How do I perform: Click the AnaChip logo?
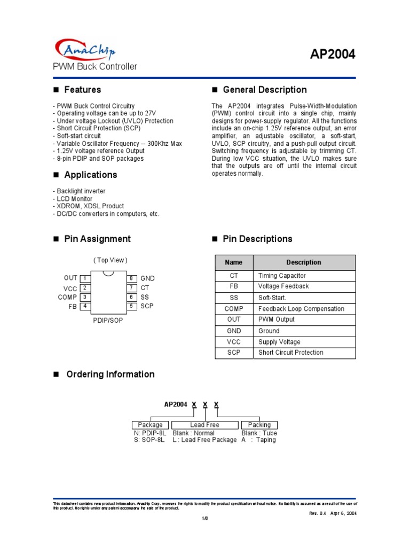point(85,50)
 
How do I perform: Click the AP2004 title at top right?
point(333,54)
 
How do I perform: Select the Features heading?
point(82,90)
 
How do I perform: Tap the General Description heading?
point(264,90)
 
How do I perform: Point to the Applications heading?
point(90,175)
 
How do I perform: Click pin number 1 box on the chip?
point(84,278)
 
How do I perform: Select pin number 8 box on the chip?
point(131,278)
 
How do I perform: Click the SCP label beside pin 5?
point(147,306)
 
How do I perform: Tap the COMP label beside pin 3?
point(68,297)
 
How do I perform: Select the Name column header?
point(234,262)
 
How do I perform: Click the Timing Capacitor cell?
point(282,276)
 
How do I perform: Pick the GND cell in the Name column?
point(234,331)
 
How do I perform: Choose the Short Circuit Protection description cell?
point(290,353)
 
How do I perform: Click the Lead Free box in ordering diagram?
point(204,425)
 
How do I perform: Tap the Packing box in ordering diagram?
point(259,425)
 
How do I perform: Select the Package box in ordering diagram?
point(150,425)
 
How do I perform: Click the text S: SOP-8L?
point(151,440)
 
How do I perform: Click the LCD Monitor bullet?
point(73,199)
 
